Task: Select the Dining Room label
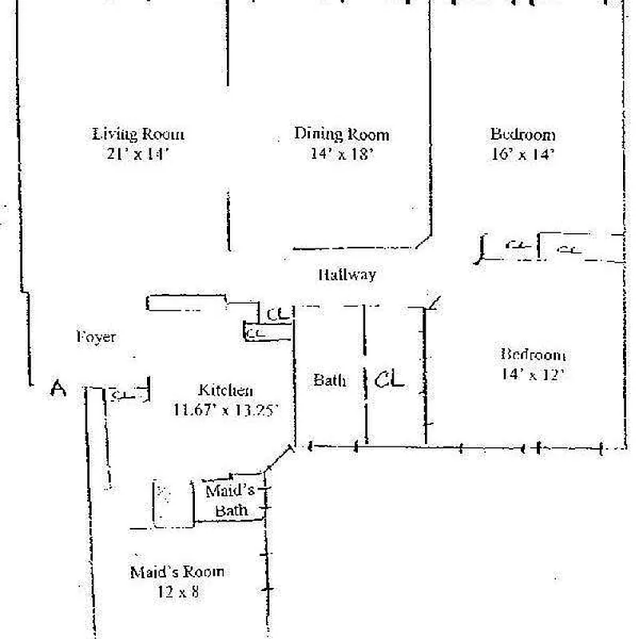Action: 341,134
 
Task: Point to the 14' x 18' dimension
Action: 341,153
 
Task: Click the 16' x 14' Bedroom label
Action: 522,134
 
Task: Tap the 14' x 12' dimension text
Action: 533,373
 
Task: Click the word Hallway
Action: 347,275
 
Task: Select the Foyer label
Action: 96,337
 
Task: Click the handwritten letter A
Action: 58,389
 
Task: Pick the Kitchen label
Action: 225,391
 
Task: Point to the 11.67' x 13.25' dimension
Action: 225,411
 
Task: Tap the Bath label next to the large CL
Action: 329,380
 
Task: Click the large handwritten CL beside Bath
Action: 390,379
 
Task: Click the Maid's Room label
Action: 177,572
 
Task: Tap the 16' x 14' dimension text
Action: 522,154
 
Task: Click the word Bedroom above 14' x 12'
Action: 533,355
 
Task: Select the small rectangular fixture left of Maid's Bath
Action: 173,502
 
